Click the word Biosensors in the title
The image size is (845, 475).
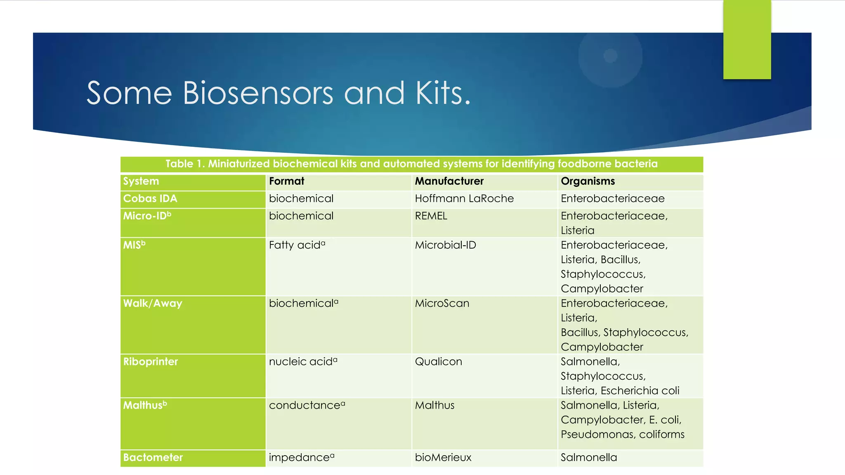(x=257, y=93)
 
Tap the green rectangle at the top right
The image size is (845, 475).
(x=747, y=39)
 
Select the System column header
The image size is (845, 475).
(x=141, y=181)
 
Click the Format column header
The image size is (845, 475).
(x=286, y=181)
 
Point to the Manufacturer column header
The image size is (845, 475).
(x=449, y=181)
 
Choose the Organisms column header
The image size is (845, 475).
(x=588, y=181)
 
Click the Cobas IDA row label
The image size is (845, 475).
(x=150, y=199)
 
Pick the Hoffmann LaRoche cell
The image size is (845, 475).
(x=464, y=199)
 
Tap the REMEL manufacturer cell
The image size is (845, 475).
(x=431, y=216)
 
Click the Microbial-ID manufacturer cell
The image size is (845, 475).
(x=445, y=245)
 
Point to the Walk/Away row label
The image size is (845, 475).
(x=153, y=303)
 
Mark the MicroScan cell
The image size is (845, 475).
(x=442, y=303)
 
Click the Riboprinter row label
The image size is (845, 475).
(x=151, y=362)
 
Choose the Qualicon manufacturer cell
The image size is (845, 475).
(x=438, y=362)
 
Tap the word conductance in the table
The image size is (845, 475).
(x=304, y=405)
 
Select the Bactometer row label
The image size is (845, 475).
(x=153, y=457)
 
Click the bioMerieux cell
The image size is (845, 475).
(x=443, y=457)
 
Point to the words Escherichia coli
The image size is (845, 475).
(x=640, y=390)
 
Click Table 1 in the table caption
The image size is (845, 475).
(x=184, y=164)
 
